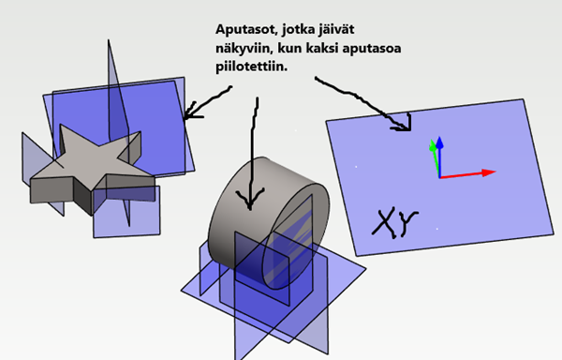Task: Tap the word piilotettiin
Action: (252, 67)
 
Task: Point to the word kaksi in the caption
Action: (320, 48)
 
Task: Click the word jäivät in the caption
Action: (336, 29)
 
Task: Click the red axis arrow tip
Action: (495, 172)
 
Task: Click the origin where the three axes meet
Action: (440, 177)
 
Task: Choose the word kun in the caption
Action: (288, 49)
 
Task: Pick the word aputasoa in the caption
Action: (372, 49)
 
